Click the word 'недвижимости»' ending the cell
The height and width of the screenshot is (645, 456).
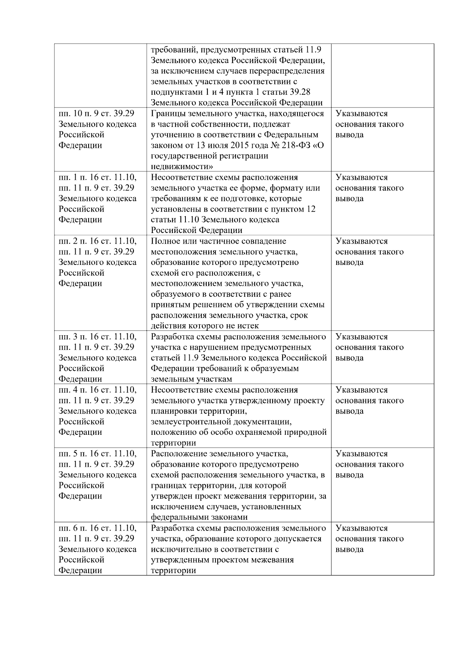182,166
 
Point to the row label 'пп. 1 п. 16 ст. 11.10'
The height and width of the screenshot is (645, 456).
97,177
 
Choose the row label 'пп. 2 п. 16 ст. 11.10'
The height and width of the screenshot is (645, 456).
97,241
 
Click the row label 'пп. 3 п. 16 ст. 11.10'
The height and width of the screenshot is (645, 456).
97,337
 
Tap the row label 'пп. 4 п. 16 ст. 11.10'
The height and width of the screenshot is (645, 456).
97,390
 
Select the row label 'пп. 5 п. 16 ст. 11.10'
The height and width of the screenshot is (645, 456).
97,454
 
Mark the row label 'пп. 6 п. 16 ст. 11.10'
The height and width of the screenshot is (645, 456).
97,528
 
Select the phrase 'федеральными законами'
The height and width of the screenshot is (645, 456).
199,517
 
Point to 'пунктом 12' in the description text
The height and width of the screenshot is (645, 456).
295,209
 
